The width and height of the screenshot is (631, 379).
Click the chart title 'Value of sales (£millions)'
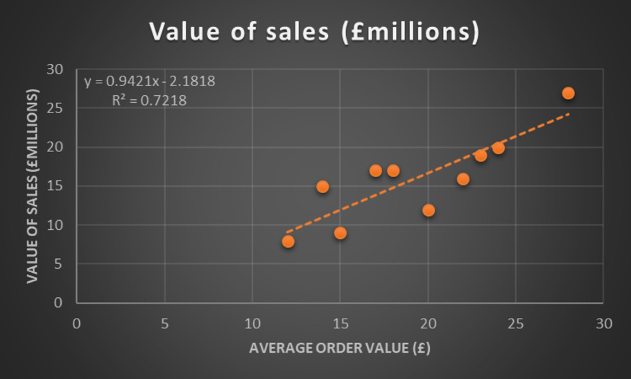pos(315,33)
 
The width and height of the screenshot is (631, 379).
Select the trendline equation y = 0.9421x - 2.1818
pos(150,81)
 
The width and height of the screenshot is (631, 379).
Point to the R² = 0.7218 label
pos(149,101)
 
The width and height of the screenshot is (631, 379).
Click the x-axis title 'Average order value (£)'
pos(340,348)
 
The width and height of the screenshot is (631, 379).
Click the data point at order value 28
pos(568,93)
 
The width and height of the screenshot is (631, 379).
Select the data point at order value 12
pos(288,242)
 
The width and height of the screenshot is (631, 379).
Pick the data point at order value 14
pos(322,187)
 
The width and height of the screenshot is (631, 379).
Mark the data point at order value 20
pos(429,210)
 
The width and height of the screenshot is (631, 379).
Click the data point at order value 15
pos(340,233)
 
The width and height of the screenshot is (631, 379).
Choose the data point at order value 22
pos(463,179)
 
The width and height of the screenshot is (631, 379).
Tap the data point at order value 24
pos(498,148)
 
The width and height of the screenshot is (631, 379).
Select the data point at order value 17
pos(375,171)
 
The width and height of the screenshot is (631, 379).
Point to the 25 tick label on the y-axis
pos(54,108)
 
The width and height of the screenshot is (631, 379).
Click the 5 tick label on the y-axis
pos(58,264)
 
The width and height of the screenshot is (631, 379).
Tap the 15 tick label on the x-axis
pos(340,323)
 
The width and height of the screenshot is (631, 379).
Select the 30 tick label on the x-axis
pos(603,323)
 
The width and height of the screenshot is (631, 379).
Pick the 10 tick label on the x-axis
pos(252,323)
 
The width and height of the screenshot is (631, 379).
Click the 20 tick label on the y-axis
pos(54,147)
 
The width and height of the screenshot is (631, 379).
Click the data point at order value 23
pos(481,155)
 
